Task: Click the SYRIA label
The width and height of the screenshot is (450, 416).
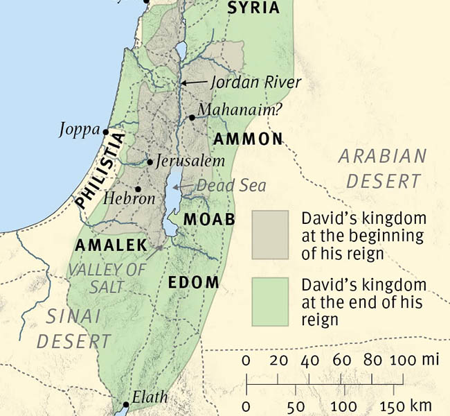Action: (254, 8)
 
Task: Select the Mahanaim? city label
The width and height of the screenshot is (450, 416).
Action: (232, 110)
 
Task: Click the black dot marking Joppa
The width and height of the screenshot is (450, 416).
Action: (106, 132)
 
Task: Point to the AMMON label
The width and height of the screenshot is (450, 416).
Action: (249, 139)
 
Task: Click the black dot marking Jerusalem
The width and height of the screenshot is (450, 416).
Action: (150, 162)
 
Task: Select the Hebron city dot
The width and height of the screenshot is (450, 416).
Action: (138, 189)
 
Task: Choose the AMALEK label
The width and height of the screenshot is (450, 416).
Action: (111, 245)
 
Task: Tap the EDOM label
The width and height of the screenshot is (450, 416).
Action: (194, 283)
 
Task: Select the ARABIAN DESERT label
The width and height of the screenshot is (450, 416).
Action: (383, 168)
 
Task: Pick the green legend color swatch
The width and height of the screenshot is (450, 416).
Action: (270, 302)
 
